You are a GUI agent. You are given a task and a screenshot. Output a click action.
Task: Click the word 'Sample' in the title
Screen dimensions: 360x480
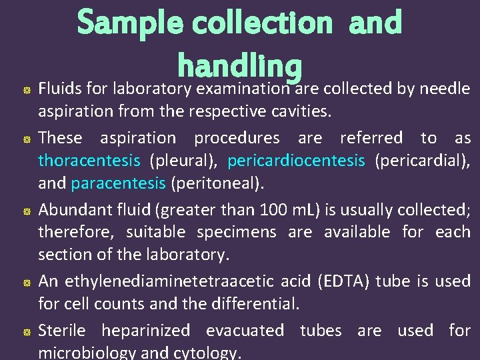click(130, 23)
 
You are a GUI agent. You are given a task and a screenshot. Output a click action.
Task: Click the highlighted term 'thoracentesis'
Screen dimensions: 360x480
click(89, 161)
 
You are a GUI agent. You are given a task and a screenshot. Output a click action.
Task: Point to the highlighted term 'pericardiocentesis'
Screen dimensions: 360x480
click(296, 161)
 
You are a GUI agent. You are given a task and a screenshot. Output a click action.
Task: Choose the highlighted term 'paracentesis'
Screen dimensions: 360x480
click(118, 183)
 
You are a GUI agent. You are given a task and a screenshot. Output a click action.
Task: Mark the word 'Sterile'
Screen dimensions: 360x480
click(62, 331)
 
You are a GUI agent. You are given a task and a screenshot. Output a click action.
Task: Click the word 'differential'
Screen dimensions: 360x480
click(256, 305)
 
